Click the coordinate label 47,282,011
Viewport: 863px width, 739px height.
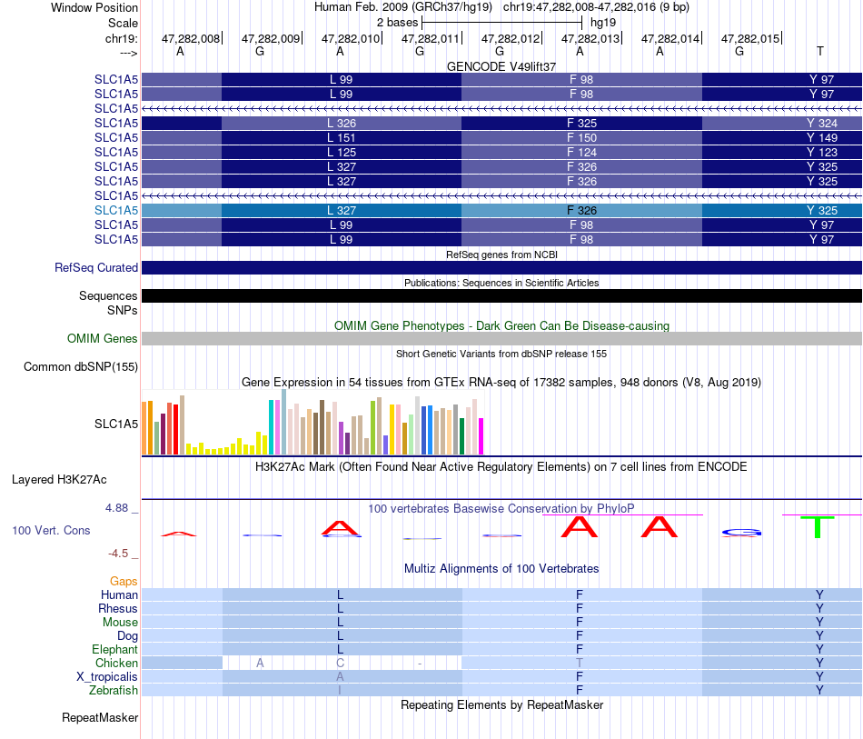(x=430, y=38)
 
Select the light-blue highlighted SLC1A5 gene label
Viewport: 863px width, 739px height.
(x=116, y=210)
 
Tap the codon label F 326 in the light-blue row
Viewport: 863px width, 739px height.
(x=581, y=210)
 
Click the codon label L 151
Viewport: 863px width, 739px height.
(x=342, y=137)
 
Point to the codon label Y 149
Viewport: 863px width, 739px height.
(x=822, y=137)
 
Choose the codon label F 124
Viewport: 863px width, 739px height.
(x=581, y=152)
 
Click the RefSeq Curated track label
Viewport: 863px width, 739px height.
(x=96, y=267)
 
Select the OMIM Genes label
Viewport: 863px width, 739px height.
(x=103, y=339)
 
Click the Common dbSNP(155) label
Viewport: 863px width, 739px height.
(x=81, y=366)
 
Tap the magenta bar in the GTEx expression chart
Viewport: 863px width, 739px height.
(x=481, y=436)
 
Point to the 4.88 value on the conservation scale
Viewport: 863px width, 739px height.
(x=116, y=508)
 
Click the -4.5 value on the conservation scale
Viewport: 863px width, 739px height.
(x=118, y=553)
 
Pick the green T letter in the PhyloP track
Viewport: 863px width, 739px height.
(x=818, y=527)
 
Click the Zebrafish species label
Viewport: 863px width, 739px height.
(x=114, y=690)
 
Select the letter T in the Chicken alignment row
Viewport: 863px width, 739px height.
(x=579, y=663)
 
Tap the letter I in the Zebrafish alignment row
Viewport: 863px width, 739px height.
(x=340, y=690)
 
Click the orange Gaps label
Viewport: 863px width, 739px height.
(x=124, y=582)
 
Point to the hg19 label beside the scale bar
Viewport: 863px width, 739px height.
(x=603, y=23)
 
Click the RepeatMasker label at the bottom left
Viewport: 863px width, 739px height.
(x=100, y=717)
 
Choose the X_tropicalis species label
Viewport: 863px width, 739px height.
(x=107, y=677)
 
